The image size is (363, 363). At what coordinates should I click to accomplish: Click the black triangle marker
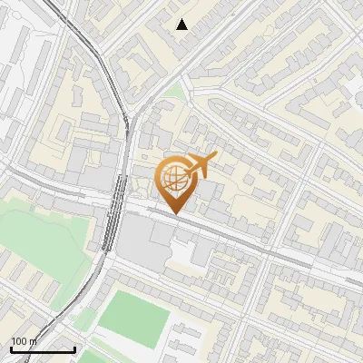[x=182, y=25]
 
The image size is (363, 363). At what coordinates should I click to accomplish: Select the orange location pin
[x=177, y=181]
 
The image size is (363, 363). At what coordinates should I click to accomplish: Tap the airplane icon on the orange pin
[x=201, y=166]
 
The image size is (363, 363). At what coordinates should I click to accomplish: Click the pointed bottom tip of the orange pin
[x=176, y=213]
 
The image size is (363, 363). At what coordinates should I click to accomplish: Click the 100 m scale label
[x=25, y=341]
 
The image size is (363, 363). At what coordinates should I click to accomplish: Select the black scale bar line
[x=43, y=349]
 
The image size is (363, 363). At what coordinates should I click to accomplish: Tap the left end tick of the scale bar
[x=12, y=348]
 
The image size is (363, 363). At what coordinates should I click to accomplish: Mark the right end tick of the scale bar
[x=74, y=348]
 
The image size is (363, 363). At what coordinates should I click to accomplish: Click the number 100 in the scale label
[x=21, y=341]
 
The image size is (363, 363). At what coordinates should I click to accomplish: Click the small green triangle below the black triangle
[x=173, y=92]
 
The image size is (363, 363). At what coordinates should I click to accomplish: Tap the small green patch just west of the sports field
[x=85, y=319]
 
